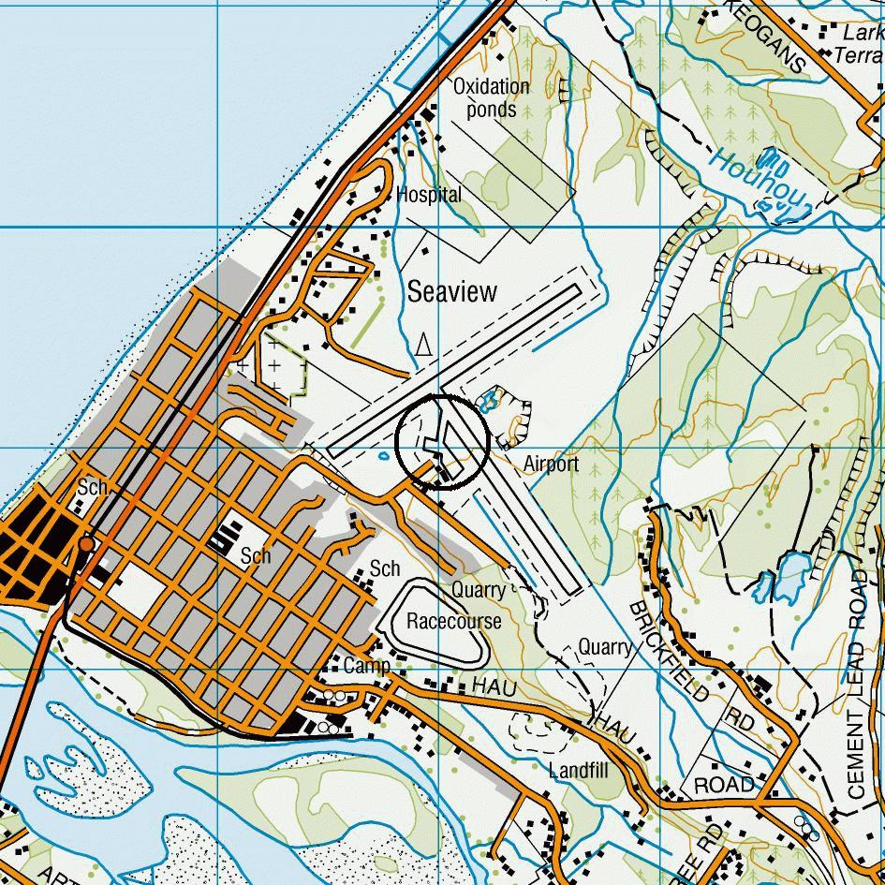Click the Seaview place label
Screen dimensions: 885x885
click(452, 292)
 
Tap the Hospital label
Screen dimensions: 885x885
click(429, 195)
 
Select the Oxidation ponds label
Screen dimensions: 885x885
click(492, 97)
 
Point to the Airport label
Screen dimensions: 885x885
click(551, 464)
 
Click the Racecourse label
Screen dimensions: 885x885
click(453, 621)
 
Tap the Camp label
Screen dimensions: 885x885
click(366, 666)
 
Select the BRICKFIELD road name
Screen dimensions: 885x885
click(669, 651)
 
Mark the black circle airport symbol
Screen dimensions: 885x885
click(442, 443)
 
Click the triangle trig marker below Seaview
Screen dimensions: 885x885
click(423, 346)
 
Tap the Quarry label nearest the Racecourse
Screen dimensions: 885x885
click(478, 590)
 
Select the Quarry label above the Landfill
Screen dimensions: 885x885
click(605, 647)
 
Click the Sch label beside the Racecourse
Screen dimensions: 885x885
click(385, 568)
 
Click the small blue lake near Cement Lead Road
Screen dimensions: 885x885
click(790, 572)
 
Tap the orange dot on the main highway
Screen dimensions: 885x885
click(86, 543)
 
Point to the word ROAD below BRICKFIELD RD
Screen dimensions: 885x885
click(723, 784)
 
